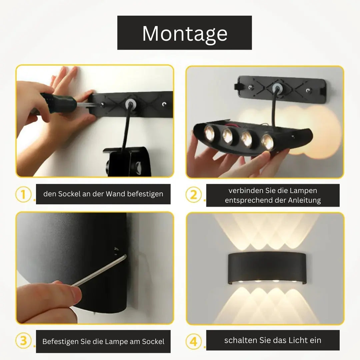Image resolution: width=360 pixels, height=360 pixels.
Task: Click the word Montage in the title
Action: [185, 34]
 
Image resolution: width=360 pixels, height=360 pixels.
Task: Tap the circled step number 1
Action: [23, 194]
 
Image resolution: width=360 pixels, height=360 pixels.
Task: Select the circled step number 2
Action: [194, 195]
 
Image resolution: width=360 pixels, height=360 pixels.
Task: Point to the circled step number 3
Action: [23, 341]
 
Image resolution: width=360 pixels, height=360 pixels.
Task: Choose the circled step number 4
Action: [194, 342]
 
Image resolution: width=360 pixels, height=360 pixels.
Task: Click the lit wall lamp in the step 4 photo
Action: [267, 268]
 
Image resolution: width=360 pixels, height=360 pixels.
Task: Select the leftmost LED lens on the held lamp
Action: [209, 133]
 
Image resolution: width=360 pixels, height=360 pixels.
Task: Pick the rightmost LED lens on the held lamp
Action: [267, 142]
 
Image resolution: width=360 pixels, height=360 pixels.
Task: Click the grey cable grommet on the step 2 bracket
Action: [278, 88]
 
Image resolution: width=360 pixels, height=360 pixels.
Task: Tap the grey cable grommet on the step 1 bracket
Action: [130, 104]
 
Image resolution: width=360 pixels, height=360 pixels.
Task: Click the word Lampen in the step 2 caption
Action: [304, 191]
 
